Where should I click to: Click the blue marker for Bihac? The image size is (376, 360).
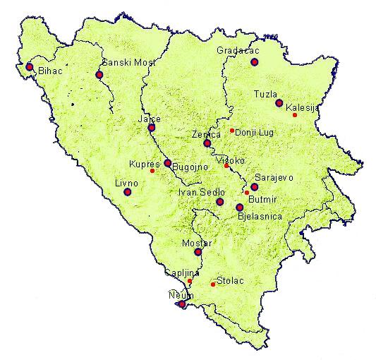(x=30, y=67)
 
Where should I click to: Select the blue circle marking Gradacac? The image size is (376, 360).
(x=255, y=63)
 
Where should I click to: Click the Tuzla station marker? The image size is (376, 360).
(x=279, y=103)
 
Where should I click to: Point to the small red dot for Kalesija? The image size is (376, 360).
(x=295, y=115)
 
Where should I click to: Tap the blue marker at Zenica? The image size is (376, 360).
(x=207, y=143)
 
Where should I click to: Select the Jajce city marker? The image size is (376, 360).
(x=151, y=128)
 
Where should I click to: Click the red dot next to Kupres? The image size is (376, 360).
(x=152, y=171)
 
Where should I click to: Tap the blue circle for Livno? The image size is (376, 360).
(x=128, y=191)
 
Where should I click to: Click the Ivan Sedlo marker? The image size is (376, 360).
(x=220, y=202)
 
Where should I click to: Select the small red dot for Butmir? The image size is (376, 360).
(x=246, y=192)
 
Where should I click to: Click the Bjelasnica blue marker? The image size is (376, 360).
(x=240, y=208)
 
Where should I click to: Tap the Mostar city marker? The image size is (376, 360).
(x=198, y=252)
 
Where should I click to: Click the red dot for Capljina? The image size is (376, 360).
(x=190, y=281)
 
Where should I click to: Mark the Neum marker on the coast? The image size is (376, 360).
(x=182, y=304)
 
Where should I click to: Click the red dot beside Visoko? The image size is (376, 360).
(x=226, y=166)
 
